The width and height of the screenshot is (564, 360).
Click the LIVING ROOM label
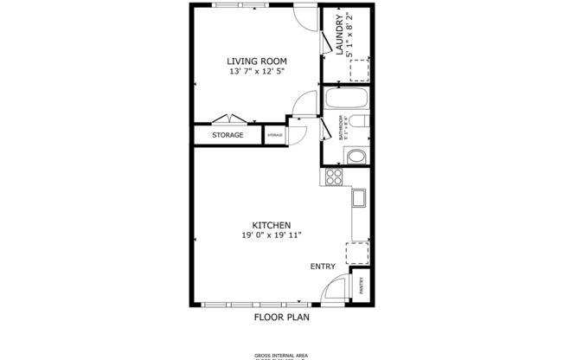point(256,61)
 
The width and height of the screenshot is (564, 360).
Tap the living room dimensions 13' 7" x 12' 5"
point(256,72)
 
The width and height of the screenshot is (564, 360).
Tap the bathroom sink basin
point(356,157)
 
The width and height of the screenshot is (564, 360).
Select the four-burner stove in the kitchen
point(334,177)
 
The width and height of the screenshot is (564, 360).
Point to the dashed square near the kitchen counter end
point(357,253)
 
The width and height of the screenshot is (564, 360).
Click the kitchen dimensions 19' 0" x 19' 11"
point(271,235)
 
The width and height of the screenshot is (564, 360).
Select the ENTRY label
point(322,267)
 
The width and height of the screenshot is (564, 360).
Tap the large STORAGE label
point(228,135)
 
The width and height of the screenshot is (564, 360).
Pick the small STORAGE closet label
point(275,136)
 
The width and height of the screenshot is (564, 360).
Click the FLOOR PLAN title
point(281,317)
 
